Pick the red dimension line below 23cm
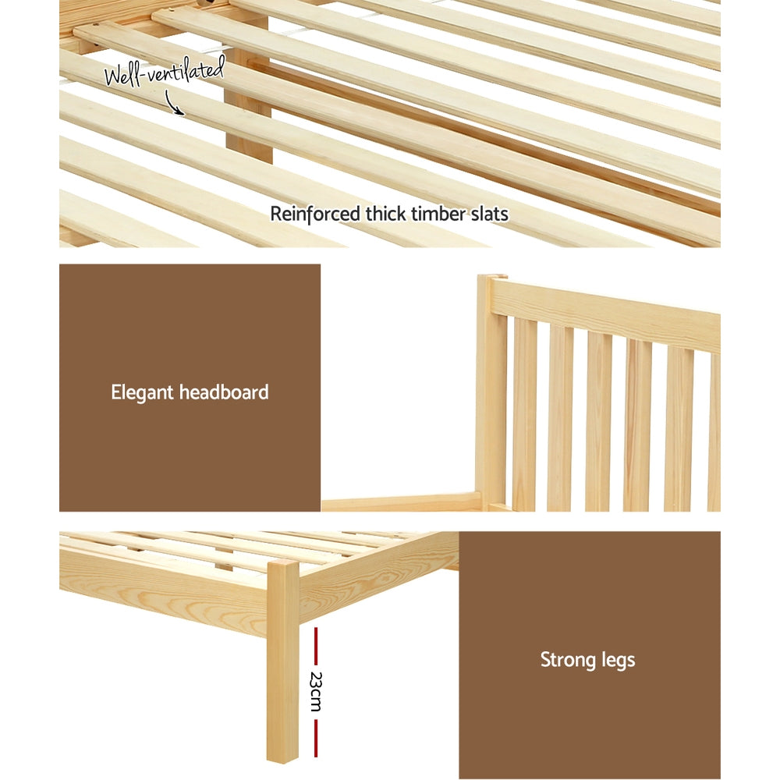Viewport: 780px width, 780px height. point(315,737)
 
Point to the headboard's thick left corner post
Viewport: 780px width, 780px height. point(491,390)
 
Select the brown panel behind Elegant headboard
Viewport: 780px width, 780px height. point(190,328)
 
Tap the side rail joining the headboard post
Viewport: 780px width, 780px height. point(402,502)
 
